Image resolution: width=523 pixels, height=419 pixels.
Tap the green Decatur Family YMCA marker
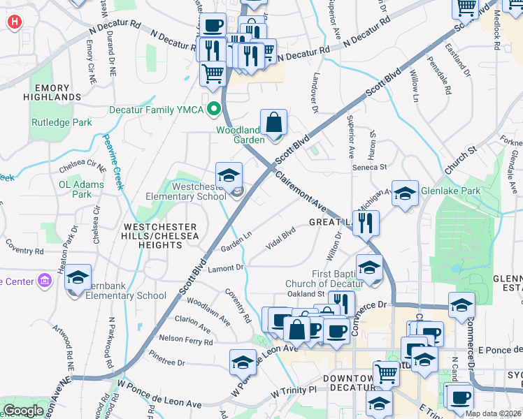(x=215, y=110)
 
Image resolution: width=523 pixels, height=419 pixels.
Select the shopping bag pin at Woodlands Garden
(x=274, y=123)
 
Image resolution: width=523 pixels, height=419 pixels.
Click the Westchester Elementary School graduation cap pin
(x=229, y=177)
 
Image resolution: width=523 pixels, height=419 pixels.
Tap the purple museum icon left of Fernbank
(x=45, y=281)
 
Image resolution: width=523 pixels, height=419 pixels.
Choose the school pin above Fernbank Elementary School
(x=78, y=277)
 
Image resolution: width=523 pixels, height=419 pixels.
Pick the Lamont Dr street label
(x=224, y=267)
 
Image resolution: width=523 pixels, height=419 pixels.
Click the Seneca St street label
(x=373, y=167)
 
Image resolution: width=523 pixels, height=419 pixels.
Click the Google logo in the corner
(x=23, y=411)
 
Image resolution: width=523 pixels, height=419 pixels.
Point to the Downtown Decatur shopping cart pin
(x=386, y=374)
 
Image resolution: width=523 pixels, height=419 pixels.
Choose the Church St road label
(x=460, y=160)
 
